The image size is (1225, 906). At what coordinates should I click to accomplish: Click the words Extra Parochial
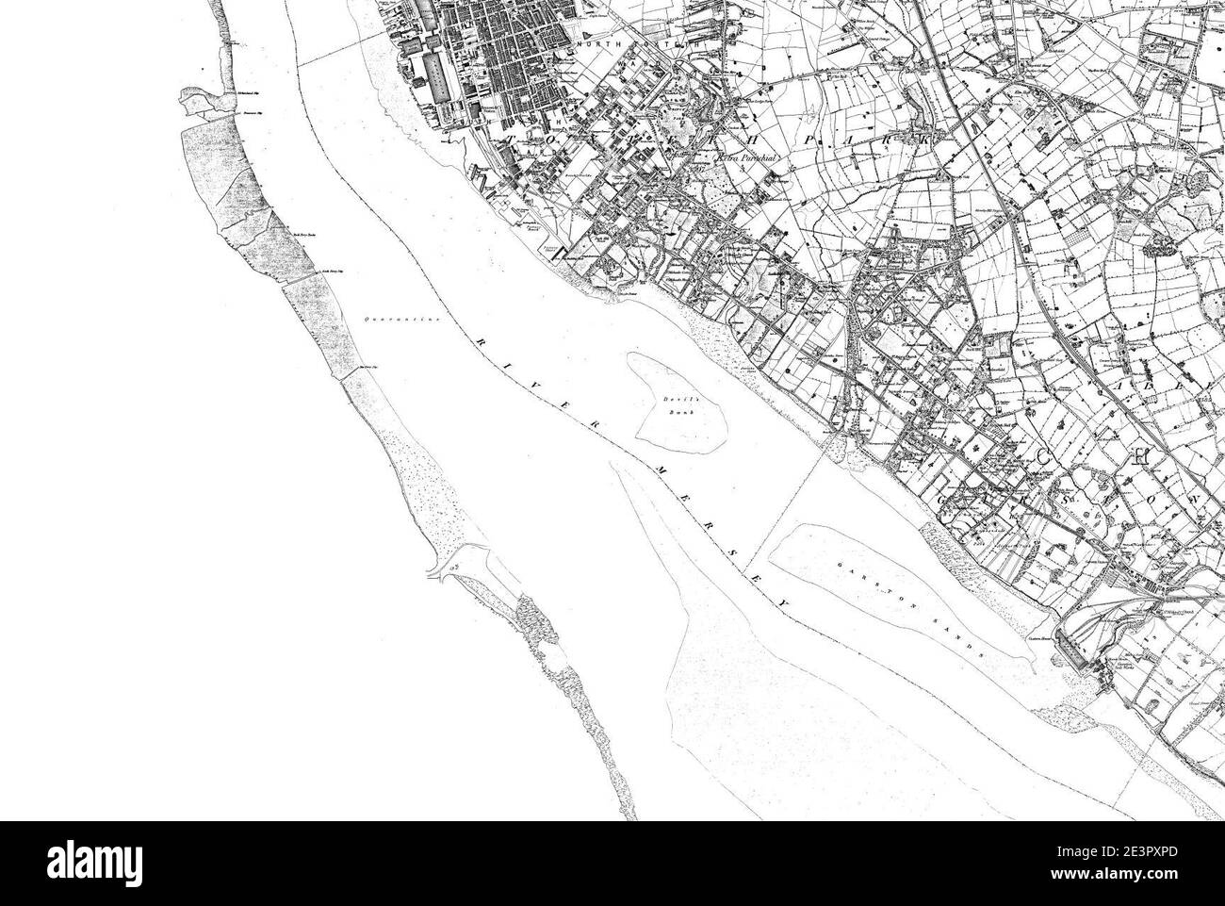746,160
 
